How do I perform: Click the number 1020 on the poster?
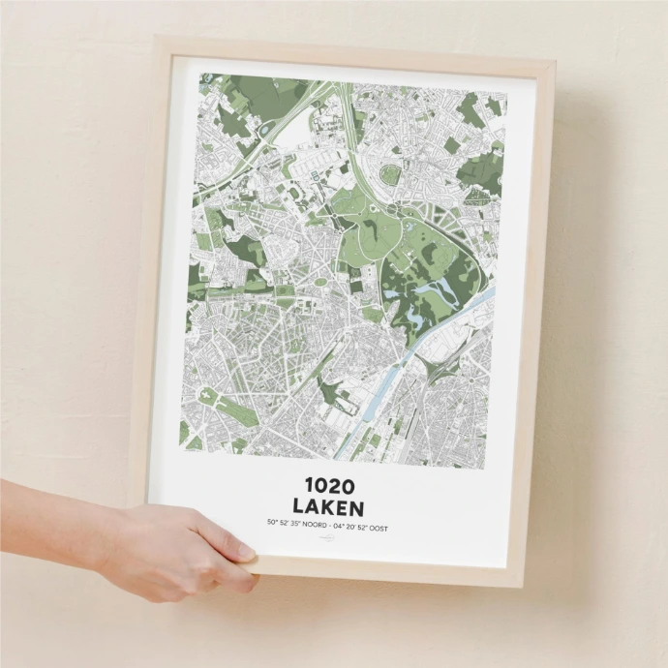[x=328, y=485]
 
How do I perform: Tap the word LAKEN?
[x=328, y=507]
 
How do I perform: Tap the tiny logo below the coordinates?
[x=328, y=545]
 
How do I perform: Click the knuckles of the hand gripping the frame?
[x=208, y=571]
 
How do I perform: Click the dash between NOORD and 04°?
[x=330, y=528]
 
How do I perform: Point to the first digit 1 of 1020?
[x=309, y=485]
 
